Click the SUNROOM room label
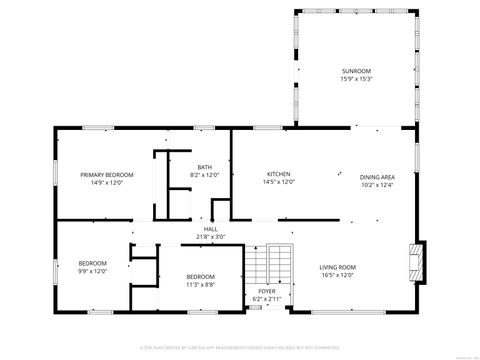[x=356, y=71]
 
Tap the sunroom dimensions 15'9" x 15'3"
[x=356, y=79]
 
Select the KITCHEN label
[x=278, y=174]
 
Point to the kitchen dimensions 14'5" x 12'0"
[x=278, y=182]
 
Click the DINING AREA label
[x=378, y=177]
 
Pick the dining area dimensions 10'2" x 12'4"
[x=378, y=185]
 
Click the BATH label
[x=204, y=167]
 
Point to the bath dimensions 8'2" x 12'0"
[x=204, y=175]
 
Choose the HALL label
[x=211, y=229]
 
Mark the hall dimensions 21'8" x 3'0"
[x=211, y=237]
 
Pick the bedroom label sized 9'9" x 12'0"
[x=92, y=263]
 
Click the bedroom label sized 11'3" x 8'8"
[x=200, y=276]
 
